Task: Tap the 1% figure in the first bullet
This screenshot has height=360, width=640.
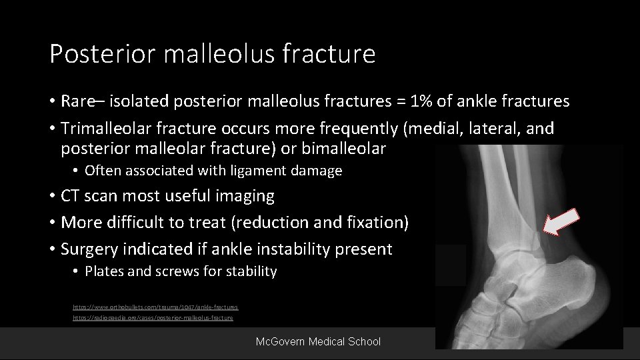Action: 420,101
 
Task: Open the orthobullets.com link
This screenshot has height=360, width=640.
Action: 155,307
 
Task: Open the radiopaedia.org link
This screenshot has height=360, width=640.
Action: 153,318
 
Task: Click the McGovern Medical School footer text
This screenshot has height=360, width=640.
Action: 318,341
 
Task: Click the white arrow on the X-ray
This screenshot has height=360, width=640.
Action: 558,222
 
